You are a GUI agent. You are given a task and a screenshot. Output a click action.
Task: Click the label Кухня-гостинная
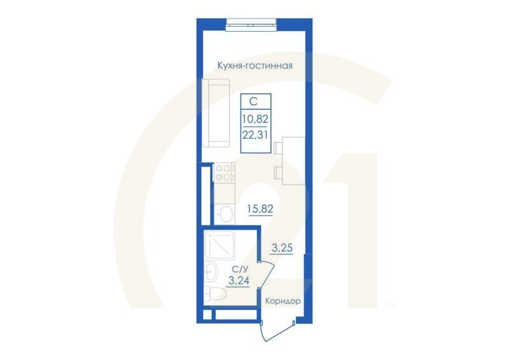pyautogui.click(x=254, y=66)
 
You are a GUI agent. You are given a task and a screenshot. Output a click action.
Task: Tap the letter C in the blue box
pyautogui.click(x=253, y=101)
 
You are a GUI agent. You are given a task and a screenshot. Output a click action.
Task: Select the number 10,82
pyautogui.click(x=254, y=118)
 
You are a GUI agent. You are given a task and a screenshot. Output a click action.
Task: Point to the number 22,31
pyautogui.click(x=254, y=134)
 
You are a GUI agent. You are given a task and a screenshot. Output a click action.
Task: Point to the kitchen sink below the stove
pyautogui.click(x=225, y=213)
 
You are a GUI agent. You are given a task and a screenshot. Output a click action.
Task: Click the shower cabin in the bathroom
pyautogui.click(x=220, y=244)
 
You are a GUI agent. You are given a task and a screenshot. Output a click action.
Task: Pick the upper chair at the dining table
pyautogui.click(x=278, y=148)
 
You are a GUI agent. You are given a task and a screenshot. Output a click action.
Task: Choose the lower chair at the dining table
pyautogui.click(x=278, y=172)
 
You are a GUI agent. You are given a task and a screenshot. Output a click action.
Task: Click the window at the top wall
pyautogui.click(x=251, y=26)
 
